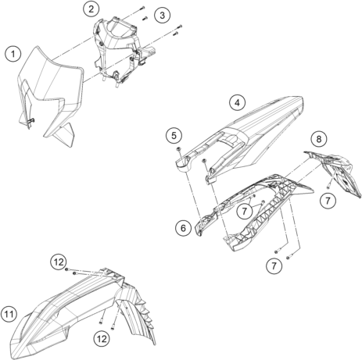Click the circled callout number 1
(x=13, y=54)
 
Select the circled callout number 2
(x=91, y=9)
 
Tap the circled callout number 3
(x=162, y=15)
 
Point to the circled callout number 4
(x=237, y=102)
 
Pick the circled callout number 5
(x=174, y=135)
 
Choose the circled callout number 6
(x=183, y=228)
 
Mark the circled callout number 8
(x=319, y=139)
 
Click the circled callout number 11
(x=9, y=314)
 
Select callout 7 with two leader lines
(x=245, y=211)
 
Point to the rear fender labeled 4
(x=242, y=135)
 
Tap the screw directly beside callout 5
(x=179, y=149)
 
